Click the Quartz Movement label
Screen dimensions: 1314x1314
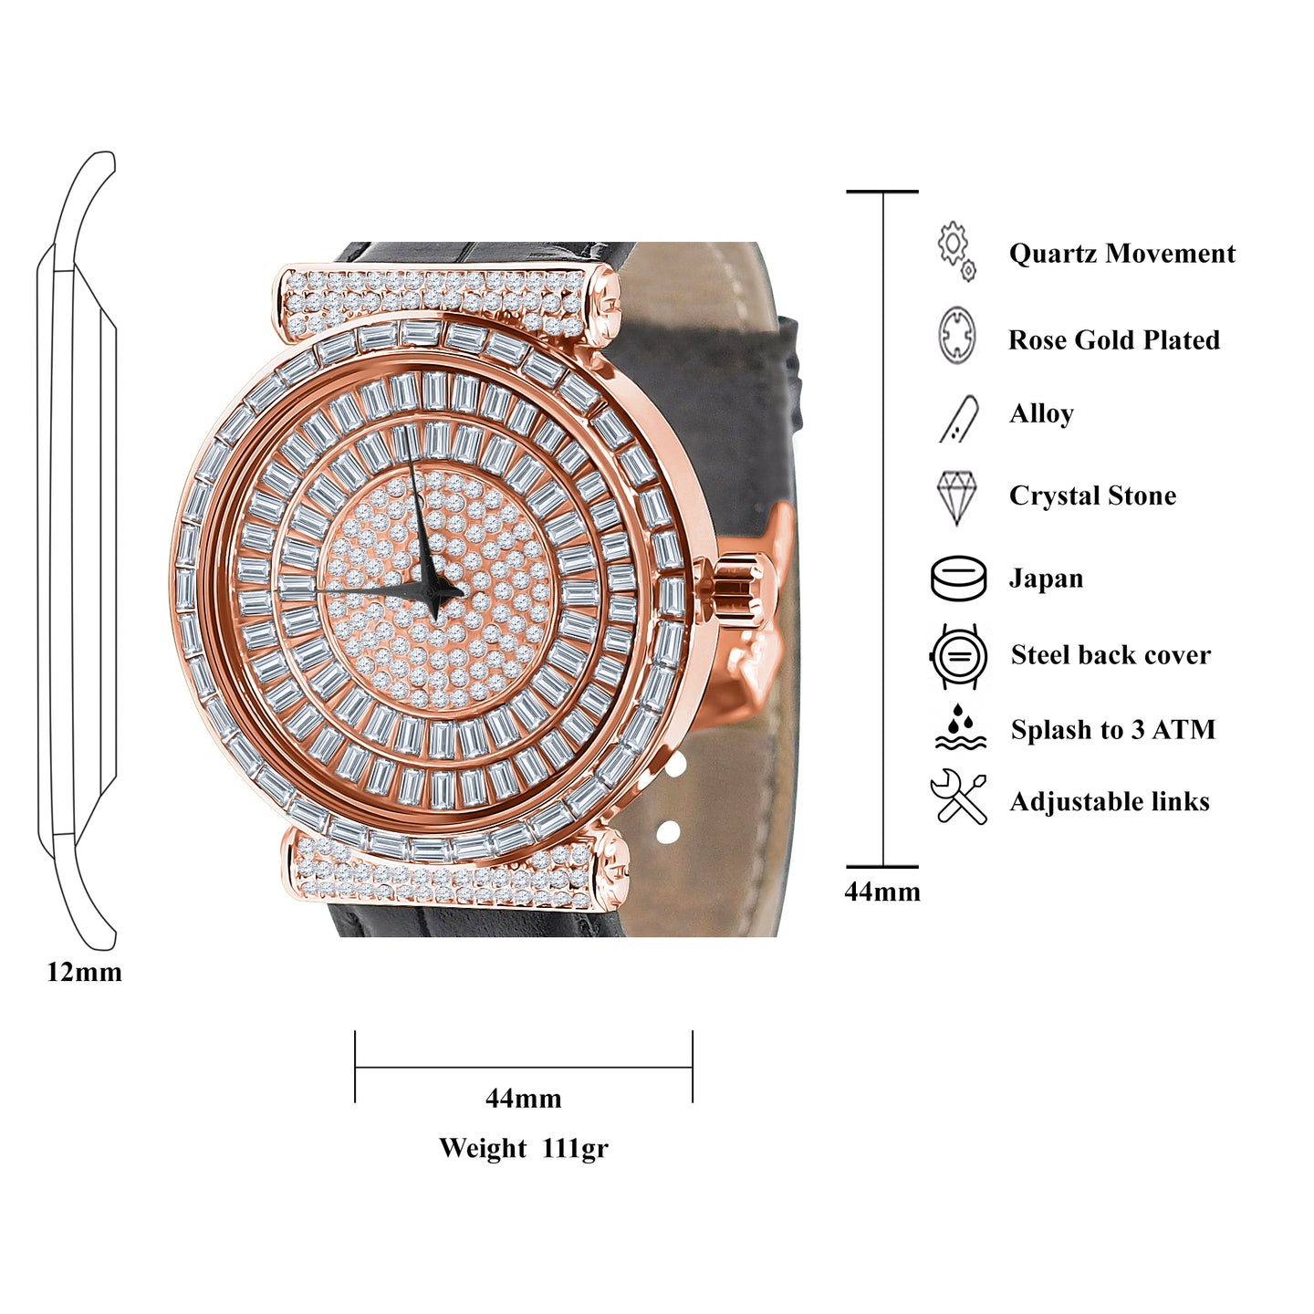1121,254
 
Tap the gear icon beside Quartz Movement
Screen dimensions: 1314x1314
955,249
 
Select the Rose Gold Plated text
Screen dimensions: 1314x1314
1113,340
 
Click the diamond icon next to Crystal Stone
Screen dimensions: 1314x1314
956,497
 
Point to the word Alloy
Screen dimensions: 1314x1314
1041,414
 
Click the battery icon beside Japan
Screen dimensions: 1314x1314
958,579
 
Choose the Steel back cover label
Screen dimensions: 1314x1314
1111,655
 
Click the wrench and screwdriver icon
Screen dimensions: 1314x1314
958,797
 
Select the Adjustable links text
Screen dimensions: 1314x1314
1110,802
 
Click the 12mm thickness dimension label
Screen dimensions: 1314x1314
84,973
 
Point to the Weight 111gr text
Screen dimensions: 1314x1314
523,1148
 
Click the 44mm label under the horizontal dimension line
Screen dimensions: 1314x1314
523,1099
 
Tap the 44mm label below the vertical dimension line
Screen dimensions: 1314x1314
882,892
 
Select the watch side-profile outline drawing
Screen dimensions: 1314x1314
78,547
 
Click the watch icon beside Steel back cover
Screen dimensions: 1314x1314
958,656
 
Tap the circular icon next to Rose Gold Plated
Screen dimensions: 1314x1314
956,336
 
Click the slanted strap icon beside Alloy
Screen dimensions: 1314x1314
959,420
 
